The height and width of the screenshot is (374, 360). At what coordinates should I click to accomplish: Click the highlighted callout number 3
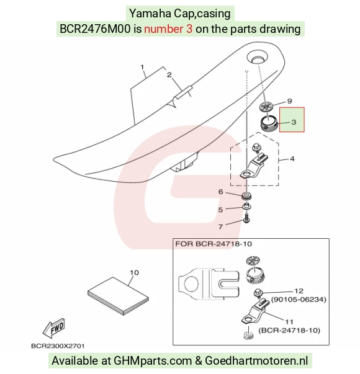coord(294,122)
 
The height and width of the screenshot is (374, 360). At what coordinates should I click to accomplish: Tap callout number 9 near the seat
coord(289,101)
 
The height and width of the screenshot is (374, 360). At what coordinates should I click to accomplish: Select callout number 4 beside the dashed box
coord(292,159)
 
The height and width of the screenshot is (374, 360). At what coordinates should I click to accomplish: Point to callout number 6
coord(221,192)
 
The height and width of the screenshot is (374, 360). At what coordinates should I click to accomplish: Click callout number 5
coord(220,210)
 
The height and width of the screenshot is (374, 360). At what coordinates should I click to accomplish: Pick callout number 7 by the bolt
coord(220,226)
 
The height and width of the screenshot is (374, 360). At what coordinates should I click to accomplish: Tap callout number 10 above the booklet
coord(134,272)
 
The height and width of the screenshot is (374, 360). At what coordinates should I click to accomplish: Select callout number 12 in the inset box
coord(299,291)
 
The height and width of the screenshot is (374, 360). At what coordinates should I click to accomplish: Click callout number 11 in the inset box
coord(289,322)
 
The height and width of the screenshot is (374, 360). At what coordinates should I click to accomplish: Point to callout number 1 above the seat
coord(142,67)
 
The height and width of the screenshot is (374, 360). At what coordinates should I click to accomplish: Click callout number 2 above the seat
coord(169,74)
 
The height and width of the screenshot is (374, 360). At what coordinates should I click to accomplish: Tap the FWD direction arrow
coord(53,327)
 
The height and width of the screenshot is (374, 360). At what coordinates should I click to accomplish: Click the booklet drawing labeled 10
coord(118,296)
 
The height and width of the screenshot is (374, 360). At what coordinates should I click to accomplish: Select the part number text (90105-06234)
coord(299,300)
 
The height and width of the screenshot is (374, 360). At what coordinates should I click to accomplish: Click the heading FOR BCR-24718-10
coord(214,244)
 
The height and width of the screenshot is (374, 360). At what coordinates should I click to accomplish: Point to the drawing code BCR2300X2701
coord(58,346)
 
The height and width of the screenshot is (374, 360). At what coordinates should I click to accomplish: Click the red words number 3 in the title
coord(168,29)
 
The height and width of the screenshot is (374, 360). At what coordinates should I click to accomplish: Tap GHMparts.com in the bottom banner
coord(153,360)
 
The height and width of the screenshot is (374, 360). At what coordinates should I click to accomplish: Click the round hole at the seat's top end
coord(258,58)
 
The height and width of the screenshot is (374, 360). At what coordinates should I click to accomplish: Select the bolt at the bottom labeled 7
coord(246,218)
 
